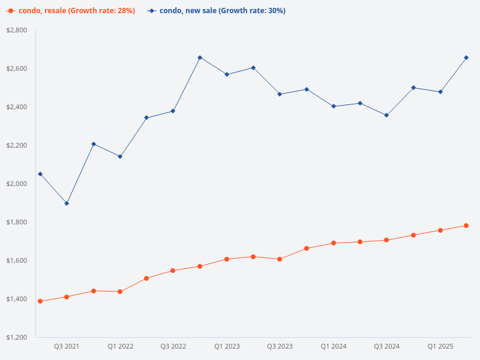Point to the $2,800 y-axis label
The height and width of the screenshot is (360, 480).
(16, 30)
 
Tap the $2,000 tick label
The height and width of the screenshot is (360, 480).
(16, 184)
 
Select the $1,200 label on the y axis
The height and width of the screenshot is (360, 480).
(16, 337)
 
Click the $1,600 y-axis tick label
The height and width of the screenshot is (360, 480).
(16, 260)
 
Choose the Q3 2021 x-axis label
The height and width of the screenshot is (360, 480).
(67, 346)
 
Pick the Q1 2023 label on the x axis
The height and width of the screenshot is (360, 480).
(227, 346)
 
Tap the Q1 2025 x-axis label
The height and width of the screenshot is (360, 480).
(440, 346)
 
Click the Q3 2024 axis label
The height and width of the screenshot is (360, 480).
(387, 346)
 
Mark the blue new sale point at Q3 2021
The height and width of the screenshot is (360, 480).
(67, 203)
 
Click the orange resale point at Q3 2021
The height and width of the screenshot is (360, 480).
(67, 297)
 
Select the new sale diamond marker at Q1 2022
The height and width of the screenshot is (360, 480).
(120, 157)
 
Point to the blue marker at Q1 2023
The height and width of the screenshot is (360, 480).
(227, 74)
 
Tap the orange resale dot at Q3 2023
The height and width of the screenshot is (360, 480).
(280, 259)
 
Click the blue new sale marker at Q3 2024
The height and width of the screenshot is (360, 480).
(386, 115)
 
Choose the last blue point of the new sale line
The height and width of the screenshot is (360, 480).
(466, 58)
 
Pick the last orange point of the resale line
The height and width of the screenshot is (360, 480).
(466, 226)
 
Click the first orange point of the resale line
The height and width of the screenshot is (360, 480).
(40, 301)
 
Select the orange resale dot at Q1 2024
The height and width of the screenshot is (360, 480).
(334, 243)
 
